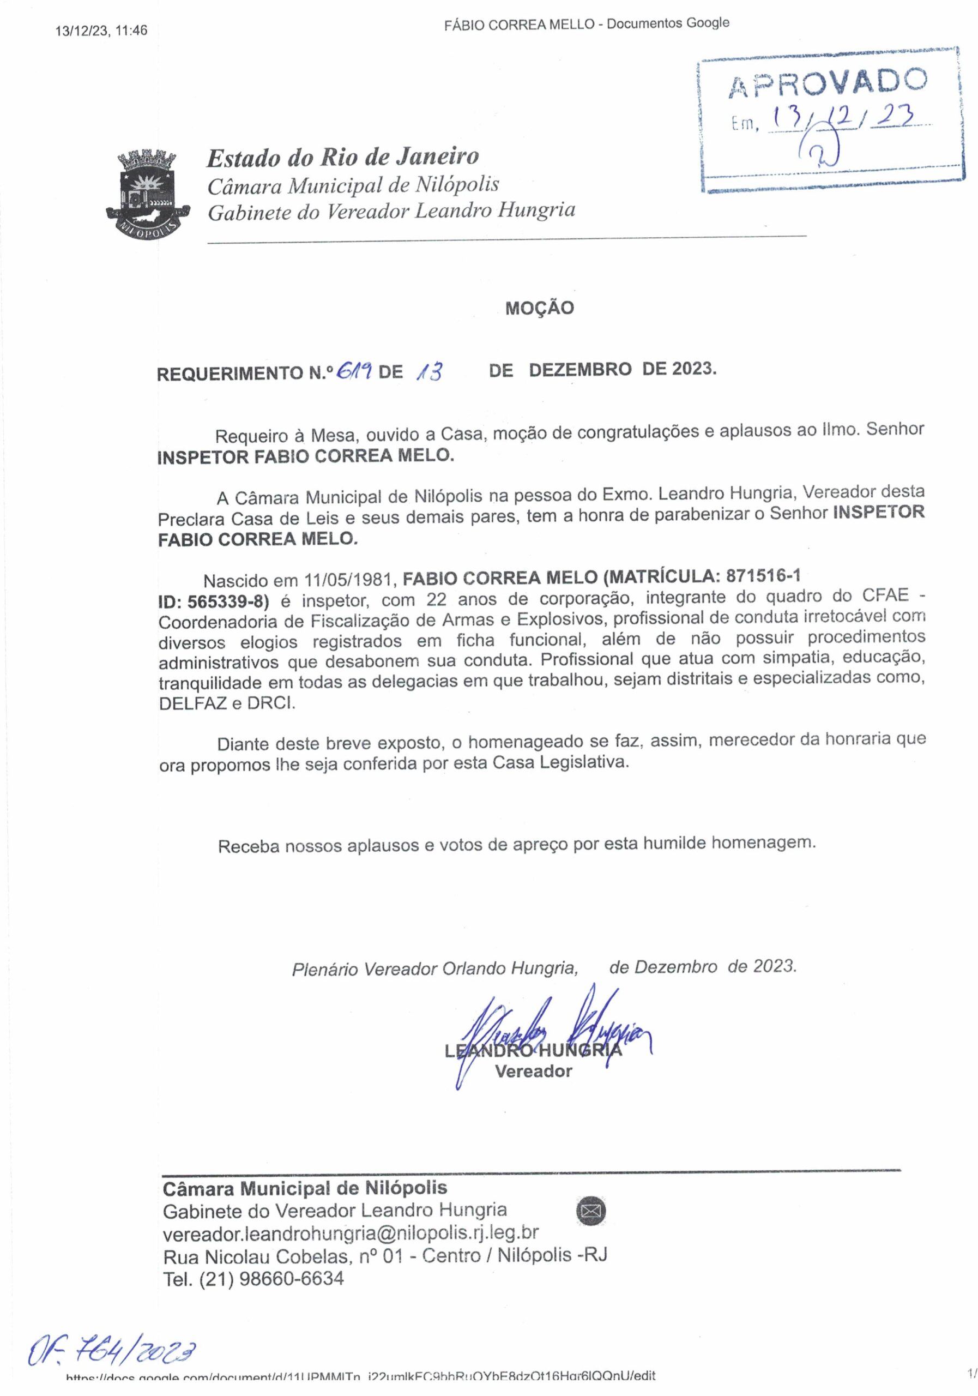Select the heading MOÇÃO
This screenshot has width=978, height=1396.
click(539, 308)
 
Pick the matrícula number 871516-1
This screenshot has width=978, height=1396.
click(763, 575)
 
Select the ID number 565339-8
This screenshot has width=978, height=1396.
click(227, 601)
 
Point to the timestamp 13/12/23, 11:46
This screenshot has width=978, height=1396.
click(101, 31)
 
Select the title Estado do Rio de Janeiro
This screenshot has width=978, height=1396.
click(343, 158)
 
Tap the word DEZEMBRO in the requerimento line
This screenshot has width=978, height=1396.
click(580, 370)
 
